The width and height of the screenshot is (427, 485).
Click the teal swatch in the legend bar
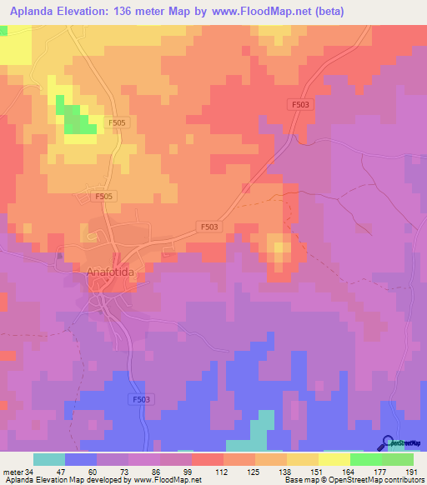click(x=49, y=459)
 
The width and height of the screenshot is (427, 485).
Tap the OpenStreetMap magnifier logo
click(x=389, y=443)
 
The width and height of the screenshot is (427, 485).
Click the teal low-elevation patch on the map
click(x=264, y=425)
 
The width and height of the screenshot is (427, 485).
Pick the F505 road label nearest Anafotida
click(x=103, y=195)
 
